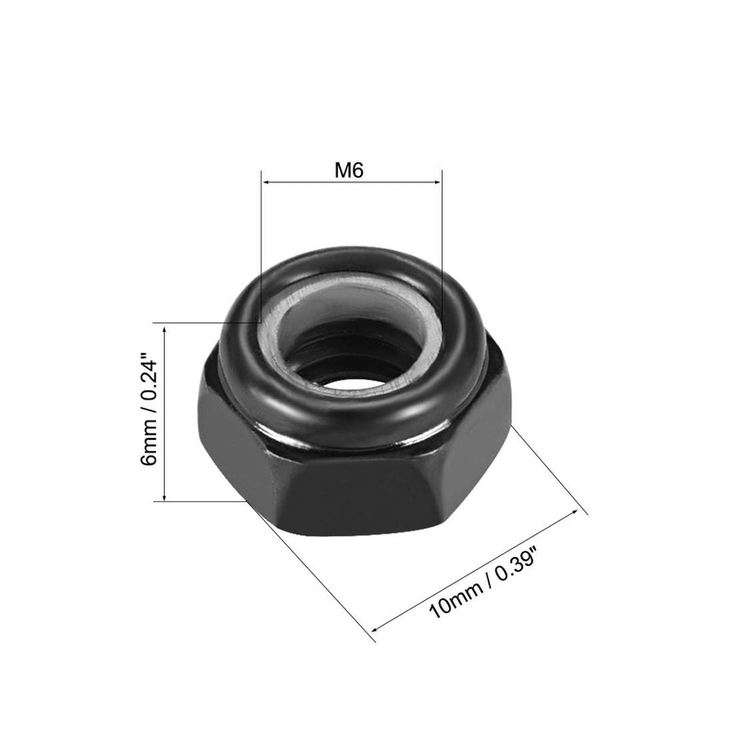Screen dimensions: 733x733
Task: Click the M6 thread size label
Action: tap(351, 170)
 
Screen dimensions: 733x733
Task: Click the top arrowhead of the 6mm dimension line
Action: tap(164, 327)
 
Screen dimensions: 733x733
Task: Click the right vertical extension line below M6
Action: tap(442, 238)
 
